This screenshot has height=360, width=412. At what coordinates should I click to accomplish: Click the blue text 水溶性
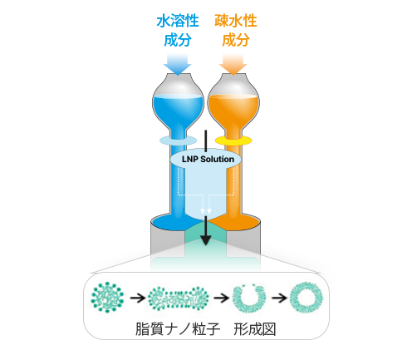click(178, 21)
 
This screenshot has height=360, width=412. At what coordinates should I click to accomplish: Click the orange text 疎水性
click(236, 21)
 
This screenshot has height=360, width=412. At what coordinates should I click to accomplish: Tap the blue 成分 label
click(178, 40)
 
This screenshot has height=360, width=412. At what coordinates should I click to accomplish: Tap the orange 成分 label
click(236, 40)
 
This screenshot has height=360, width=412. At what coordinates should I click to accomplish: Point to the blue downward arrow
click(177, 64)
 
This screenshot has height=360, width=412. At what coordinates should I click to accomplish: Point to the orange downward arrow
click(233, 64)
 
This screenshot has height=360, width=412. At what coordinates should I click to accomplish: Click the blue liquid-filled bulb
click(178, 110)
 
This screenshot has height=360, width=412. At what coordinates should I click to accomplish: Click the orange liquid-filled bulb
click(233, 110)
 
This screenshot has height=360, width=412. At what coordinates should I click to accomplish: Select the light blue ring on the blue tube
click(178, 141)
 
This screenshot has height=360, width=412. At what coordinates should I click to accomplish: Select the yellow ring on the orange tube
click(233, 141)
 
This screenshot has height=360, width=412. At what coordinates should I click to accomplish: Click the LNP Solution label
click(208, 159)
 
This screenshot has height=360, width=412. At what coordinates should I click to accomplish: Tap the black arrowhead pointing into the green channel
click(206, 239)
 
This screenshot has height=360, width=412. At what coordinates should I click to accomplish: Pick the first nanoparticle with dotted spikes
click(107, 298)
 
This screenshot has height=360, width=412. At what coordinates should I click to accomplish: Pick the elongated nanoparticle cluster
click(178, 298)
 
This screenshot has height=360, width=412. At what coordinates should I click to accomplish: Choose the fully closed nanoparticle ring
click(307, 298)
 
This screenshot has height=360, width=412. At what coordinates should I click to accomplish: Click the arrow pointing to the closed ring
click(279, 298)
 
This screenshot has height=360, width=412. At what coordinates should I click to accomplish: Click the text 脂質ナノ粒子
click(178, 329)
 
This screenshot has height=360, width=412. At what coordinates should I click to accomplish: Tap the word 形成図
click(255, 329)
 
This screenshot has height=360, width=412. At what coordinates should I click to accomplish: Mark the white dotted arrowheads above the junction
click(206, 211)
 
